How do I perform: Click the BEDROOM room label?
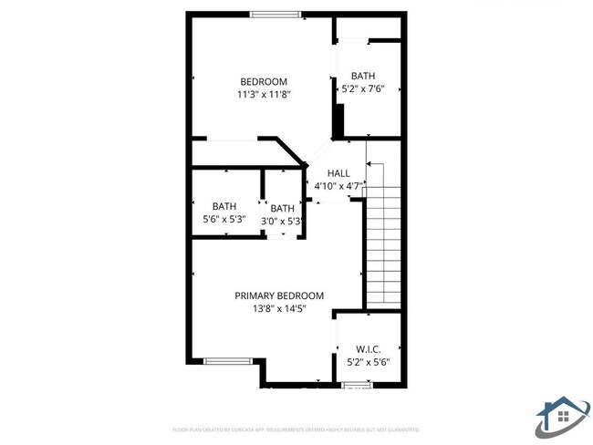[264, 82]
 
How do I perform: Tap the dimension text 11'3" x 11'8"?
[264, 94]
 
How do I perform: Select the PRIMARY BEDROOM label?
[279, 295]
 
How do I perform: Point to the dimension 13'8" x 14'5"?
[279, 308]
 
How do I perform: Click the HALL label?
[338, 173]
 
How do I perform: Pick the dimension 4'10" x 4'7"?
[339, 186]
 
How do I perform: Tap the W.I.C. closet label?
[368, 349]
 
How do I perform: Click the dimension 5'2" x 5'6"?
[368, 362]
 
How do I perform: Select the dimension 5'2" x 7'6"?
[362, 89]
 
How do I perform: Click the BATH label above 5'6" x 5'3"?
[224, 206]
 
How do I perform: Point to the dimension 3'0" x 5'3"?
[283, 221]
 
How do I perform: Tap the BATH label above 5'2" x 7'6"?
[363, 77]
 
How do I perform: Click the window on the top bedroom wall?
[275, 14]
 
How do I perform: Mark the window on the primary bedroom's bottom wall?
[225, 362]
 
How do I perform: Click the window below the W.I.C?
[357, 385]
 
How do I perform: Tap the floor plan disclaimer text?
[296, 429]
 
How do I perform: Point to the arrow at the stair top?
[369, 164]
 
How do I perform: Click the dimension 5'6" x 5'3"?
[224, 219]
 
